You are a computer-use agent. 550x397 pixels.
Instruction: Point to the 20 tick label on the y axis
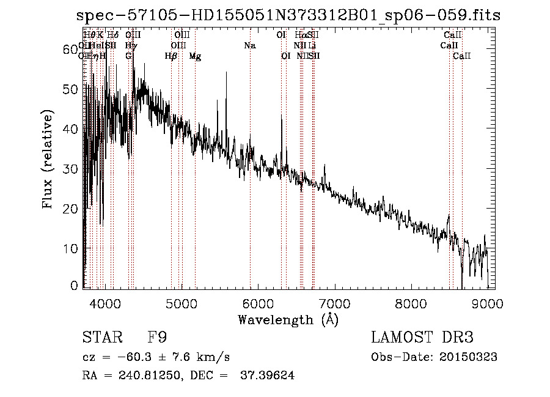pyautogui.click(x=72, y=209)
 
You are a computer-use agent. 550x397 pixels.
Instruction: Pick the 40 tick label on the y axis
pyautogui.click(x=72, y=129)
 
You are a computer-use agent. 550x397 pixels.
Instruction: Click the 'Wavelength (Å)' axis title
pyautogui.click(x=288, y=319)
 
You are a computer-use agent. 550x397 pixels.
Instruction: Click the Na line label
pyautogui.click(x=249, y=46)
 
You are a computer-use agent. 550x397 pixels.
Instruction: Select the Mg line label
pyautogui.click(x=195, y=56)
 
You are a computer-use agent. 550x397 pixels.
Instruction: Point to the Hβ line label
pyautogui.click(x=171, y=56)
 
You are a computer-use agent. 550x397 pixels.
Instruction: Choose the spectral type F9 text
pyautogui.click(x=157, y=338)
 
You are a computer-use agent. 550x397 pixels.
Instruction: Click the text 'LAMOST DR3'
pyautogui.click(x=422, y=338)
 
